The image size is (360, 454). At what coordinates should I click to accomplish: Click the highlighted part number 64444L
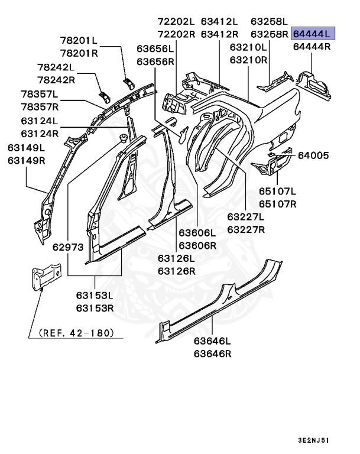click(313, 34)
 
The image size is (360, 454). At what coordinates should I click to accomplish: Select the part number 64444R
click(313, 46)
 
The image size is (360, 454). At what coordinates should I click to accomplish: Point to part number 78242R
click(56, 80)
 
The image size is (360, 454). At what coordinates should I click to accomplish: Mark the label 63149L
click(26, 147)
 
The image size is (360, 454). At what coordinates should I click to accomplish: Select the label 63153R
click(95, 307)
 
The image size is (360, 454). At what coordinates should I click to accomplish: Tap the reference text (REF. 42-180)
click(76, 333)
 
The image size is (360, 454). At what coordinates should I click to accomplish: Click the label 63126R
click(176, 271)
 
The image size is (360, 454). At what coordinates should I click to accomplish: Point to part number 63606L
click(198, 233)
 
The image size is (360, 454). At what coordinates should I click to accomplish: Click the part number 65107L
click(277, 192)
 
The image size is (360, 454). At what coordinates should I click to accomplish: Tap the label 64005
click(313, 155)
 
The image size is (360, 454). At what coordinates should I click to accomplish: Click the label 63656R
click(155, 61)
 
